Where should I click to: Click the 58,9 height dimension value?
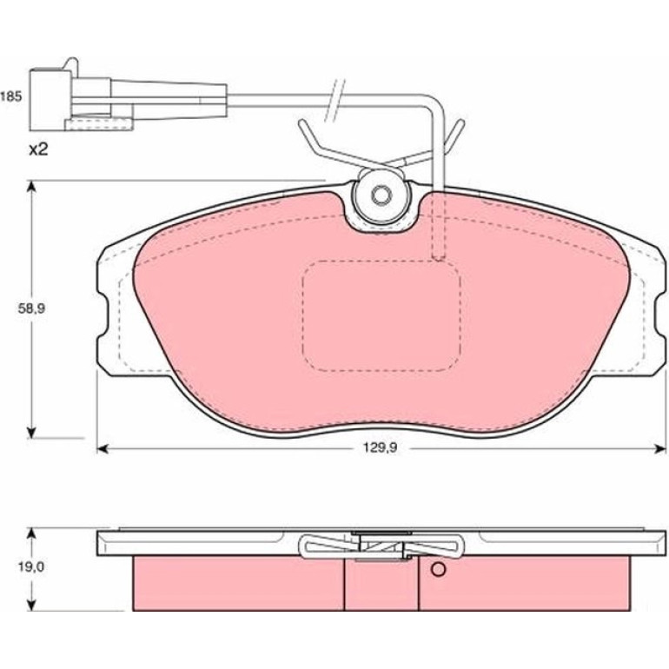(x=31, y=308)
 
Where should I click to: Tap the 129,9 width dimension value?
(x=381, y=447)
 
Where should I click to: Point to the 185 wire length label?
(x=10, y=96)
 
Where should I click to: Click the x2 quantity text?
(x=38, y=149)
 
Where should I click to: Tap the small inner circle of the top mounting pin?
(x=381, y=195)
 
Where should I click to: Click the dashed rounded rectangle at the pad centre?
(x=381, y=315)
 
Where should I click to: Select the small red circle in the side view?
(x=438, y=569)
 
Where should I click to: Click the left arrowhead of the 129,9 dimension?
(x=103, y=448)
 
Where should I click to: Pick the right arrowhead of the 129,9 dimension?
(x=660, y=448)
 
